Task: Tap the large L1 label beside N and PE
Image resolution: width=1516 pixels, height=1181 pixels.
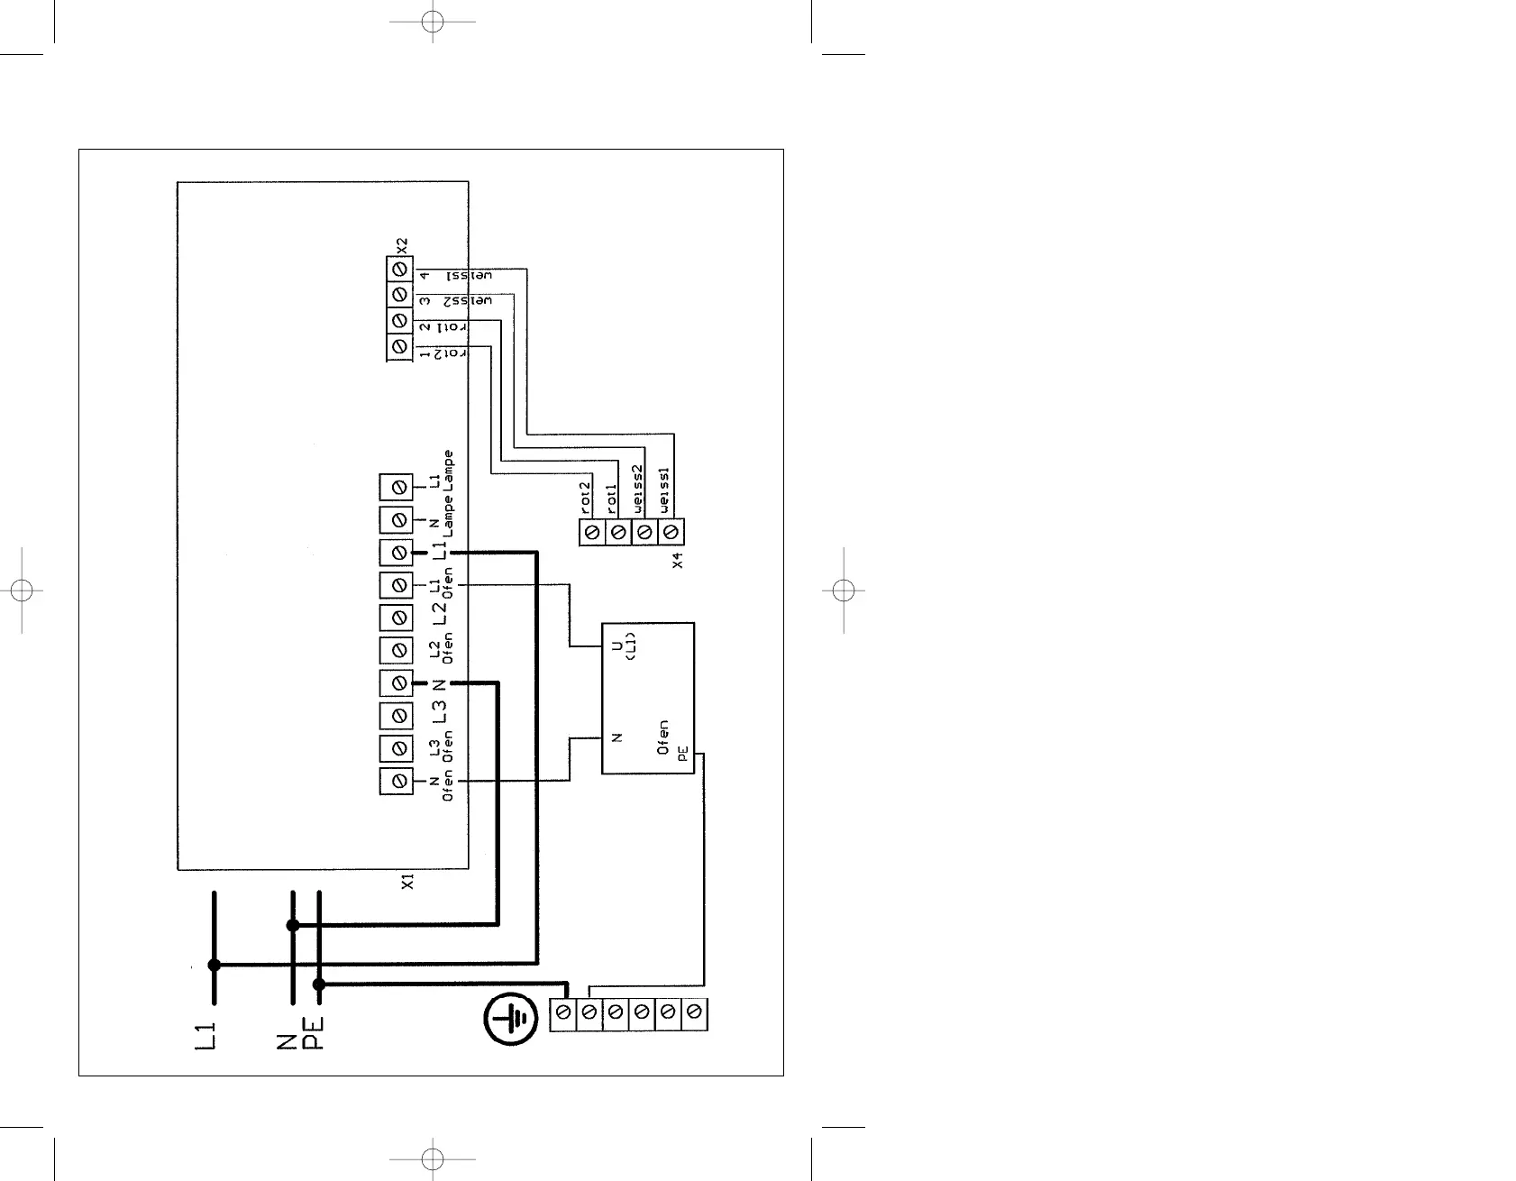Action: [206, 1036]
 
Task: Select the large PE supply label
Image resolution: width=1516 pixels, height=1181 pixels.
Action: [312, 1034]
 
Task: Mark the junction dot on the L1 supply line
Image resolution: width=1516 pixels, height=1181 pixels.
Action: [214, 965]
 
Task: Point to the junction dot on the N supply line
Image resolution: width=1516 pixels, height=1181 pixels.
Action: [292, 925]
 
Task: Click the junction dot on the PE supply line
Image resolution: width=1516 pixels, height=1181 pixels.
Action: [318, 984]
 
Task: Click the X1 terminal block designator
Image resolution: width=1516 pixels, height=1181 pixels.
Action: [407, 881]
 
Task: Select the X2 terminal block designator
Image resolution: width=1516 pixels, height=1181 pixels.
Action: [403, 245]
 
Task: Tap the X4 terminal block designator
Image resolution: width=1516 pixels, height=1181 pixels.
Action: [679, 560]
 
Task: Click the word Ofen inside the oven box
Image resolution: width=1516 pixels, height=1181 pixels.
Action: [663, 737]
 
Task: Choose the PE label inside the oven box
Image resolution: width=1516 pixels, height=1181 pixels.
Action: [683, 754]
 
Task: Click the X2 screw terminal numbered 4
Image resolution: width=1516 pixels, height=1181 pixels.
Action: [398, 270]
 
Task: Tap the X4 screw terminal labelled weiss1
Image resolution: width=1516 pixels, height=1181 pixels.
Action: [670, 533]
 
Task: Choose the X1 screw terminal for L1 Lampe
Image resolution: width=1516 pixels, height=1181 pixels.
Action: [397, 488]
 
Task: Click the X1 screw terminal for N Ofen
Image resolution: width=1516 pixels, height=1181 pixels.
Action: [397, 780]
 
